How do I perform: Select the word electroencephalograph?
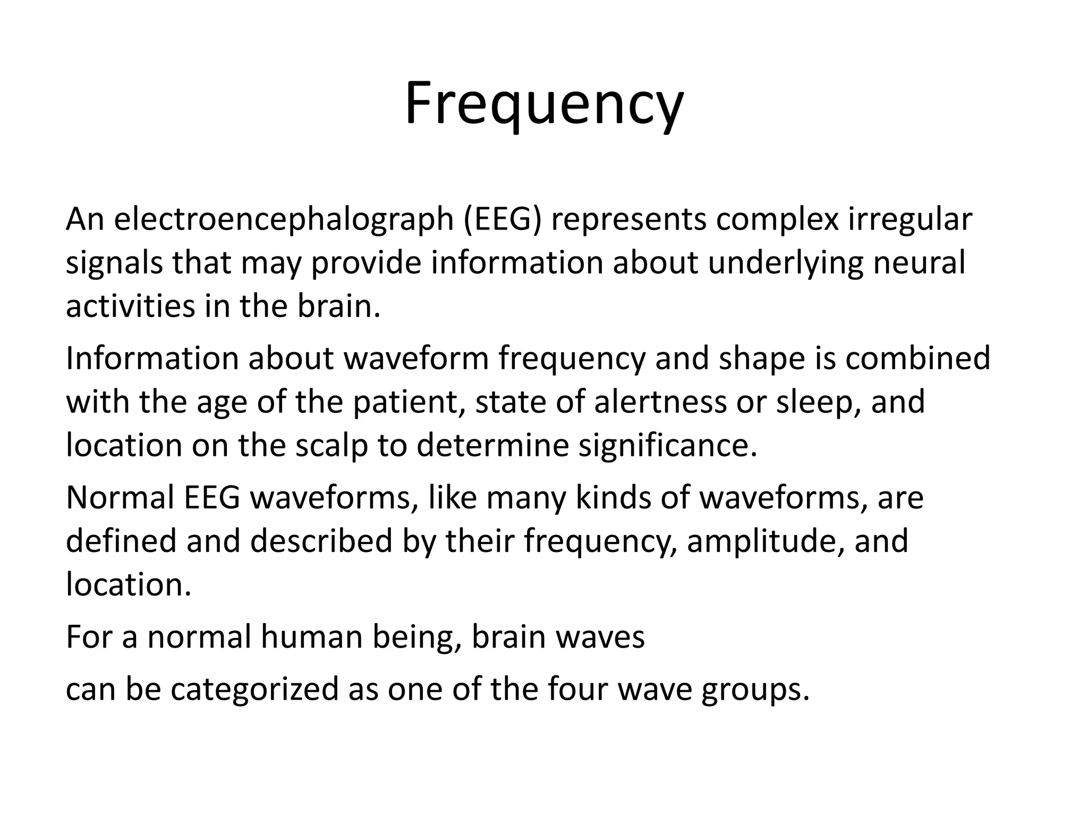click(283, 219)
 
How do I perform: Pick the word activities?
click(130, 306)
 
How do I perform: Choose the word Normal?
click(120, 498)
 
